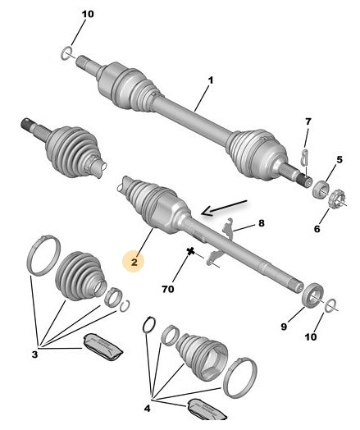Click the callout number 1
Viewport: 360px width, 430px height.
click(210, 80)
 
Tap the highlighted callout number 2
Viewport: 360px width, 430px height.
click(134, 262)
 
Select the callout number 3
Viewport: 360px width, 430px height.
click(34, 355)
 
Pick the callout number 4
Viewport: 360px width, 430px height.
click(148, 409)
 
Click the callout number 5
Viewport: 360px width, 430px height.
click(339, 159)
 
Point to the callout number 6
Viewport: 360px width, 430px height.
click(317, 228)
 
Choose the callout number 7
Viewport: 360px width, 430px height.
click(308, 121)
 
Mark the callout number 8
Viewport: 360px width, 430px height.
click(262, 223)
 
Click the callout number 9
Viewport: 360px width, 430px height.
click(284, 327)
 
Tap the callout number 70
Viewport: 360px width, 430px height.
click(168, 289)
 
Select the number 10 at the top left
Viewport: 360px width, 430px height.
click(88, 14)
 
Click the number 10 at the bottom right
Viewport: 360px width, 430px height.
click(311, 336)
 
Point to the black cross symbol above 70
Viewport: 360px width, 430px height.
click(190, 251)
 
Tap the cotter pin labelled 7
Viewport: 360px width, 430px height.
click(304, 158)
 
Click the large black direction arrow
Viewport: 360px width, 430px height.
click(224, 208)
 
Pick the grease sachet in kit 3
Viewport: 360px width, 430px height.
click(103, 347)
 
